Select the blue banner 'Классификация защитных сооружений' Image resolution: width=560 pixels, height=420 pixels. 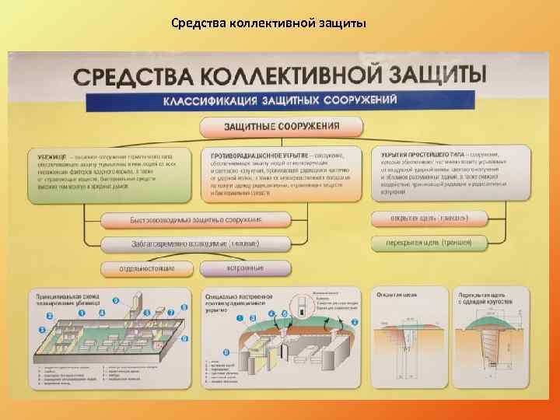click(280, 100)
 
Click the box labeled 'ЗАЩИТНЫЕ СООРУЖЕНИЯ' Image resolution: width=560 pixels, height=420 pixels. click(282, 126)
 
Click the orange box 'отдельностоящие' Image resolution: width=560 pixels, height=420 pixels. click(147, 268)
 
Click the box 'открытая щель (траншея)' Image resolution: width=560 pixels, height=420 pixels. click(428, 218)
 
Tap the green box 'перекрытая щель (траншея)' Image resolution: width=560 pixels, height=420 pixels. click(428, 243)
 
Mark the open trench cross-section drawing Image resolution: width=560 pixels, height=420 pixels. click(404, 342)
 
